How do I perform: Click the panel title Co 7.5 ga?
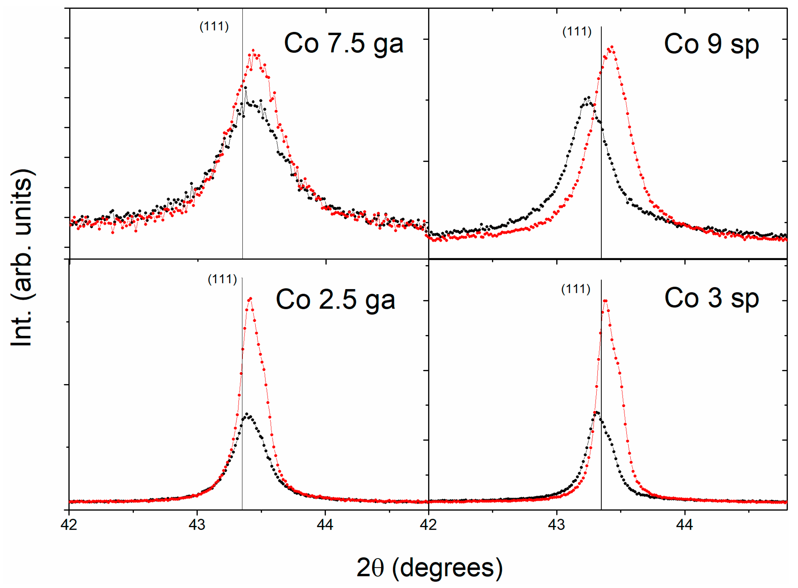click(344, 43)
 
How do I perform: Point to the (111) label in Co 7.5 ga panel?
click(214, 26)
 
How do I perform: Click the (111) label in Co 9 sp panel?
click(576, 32)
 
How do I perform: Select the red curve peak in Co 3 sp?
click(605, 301)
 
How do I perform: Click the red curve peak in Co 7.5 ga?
click(253, 51)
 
